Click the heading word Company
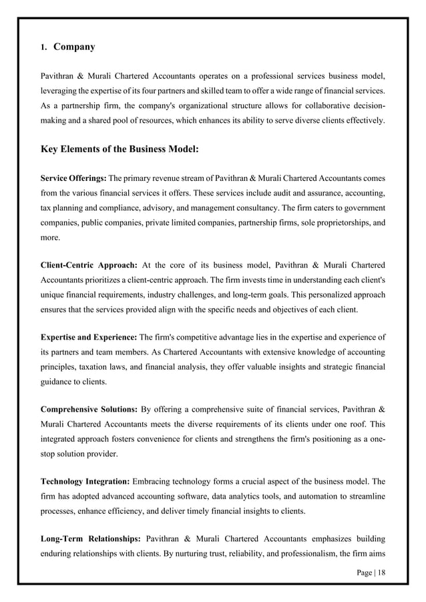point(74,47)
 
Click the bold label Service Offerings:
point(73,177)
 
